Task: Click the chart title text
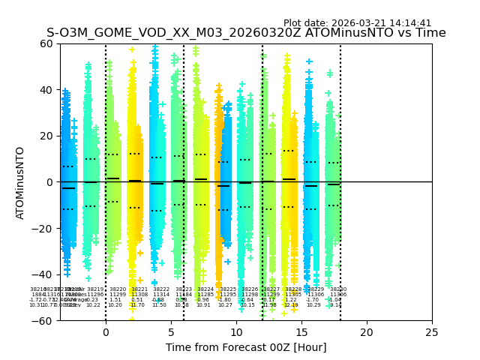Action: (246, 33)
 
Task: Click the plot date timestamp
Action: (357, 23)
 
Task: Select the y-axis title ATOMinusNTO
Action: (20, 182)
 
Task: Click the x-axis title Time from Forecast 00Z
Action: (246, 347)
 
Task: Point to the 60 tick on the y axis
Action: (46, 43)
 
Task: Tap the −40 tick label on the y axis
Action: (43, 274)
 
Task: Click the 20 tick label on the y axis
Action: (46, 136)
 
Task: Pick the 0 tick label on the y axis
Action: (49, 182)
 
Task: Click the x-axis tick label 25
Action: (432, 331)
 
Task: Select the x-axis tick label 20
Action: (367, 331)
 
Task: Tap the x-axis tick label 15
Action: (301, 331)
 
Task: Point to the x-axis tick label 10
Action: (236, 331)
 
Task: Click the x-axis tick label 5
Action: (171, 331)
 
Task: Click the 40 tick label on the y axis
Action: (46, 90)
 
